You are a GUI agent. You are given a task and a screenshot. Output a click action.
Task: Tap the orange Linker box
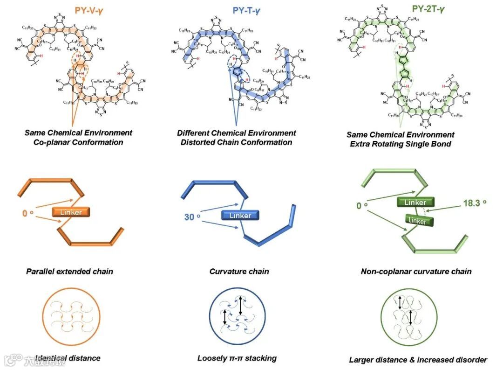[71, 212]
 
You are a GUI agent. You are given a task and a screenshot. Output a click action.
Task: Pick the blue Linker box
[240, 216]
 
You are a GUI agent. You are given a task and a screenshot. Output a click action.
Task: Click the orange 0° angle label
[28, 214]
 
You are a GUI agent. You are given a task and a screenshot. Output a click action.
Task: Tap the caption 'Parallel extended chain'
[69, 271]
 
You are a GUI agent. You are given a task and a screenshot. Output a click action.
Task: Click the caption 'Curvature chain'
[239, 271]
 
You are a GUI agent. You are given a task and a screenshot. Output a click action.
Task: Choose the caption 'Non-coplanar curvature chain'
[416, 271]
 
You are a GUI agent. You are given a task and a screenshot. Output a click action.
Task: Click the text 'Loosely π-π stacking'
[237, 358]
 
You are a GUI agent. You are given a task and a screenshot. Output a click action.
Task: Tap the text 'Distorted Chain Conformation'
[236, 142]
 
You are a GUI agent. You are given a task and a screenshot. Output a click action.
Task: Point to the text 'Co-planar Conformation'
[78, 142]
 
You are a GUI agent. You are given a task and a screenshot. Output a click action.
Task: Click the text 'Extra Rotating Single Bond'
[401, 144]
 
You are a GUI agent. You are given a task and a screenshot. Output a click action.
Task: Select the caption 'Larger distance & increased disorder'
[418, 360]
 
